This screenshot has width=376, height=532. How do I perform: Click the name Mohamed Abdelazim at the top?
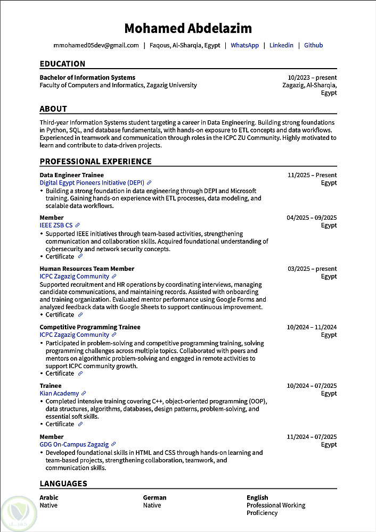[188, 28]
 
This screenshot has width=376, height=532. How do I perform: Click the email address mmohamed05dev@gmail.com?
[96, 46]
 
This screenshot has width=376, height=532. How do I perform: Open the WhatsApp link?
[244, 46]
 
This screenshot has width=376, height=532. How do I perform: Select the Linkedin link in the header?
[281, 46]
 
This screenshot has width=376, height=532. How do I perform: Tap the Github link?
[313, 46]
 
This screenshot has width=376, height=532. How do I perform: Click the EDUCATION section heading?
[62, 64]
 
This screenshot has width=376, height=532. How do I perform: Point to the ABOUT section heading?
[53, 109]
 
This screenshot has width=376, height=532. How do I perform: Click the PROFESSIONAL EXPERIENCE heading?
[95, 162]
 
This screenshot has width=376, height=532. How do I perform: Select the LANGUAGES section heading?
[63, 484]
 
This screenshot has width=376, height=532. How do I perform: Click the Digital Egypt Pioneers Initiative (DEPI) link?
[92, 182]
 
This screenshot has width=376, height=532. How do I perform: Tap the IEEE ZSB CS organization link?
[56, 225]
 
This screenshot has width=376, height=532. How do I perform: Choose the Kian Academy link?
[59, 393]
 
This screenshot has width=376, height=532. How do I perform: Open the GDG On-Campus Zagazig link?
[74, 444]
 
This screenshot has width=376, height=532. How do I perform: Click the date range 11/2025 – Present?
[312, 175]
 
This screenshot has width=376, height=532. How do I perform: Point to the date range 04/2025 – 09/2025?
[312, 218]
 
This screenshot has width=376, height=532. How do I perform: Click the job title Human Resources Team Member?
[87, 269]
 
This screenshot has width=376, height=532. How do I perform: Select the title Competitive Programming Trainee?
[90, 327]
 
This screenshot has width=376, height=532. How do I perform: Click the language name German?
[154, 497]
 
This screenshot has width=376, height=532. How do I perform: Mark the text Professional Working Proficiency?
[276, 509]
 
